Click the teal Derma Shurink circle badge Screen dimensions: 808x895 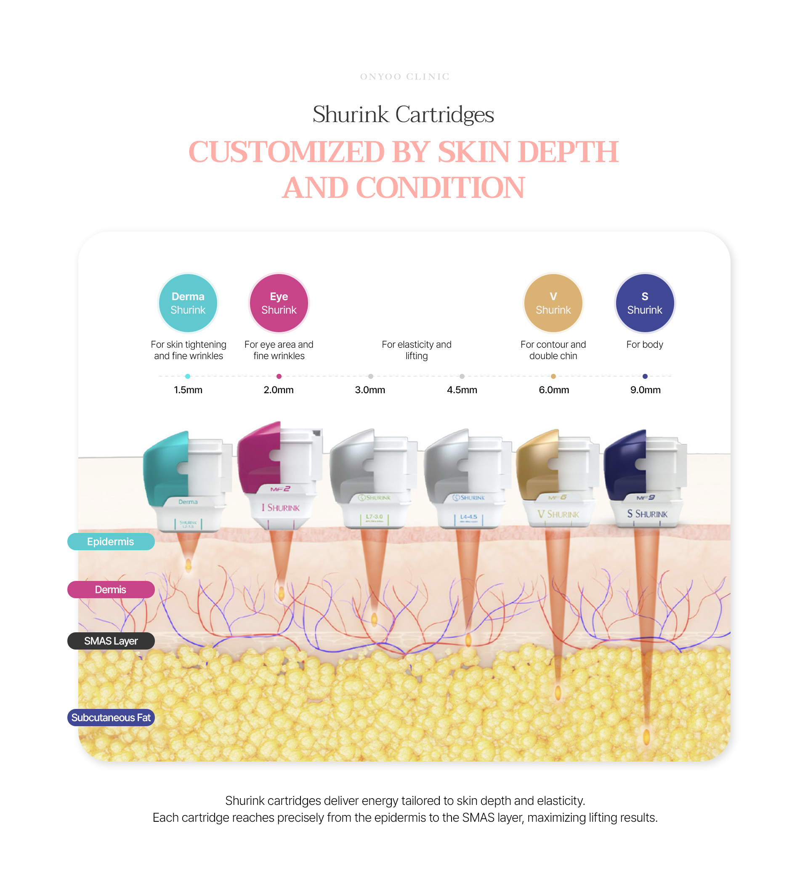188,303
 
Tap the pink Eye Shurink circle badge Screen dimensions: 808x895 279,303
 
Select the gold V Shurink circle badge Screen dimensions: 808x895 553,303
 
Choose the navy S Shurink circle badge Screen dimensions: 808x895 644,303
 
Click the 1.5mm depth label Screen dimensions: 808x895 188,390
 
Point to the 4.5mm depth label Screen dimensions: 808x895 462,390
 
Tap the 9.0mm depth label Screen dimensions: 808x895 645,390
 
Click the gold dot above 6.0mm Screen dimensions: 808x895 553,376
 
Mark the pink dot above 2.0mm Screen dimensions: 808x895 279,376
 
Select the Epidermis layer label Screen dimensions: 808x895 111,541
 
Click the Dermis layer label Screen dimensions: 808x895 111,589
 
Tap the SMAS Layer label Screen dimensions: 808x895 111,641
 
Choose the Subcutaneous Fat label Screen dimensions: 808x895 111,717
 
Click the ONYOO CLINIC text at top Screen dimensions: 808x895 404,77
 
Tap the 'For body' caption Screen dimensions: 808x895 644,344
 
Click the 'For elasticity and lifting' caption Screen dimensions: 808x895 416,350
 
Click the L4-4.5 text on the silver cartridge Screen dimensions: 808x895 468,517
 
